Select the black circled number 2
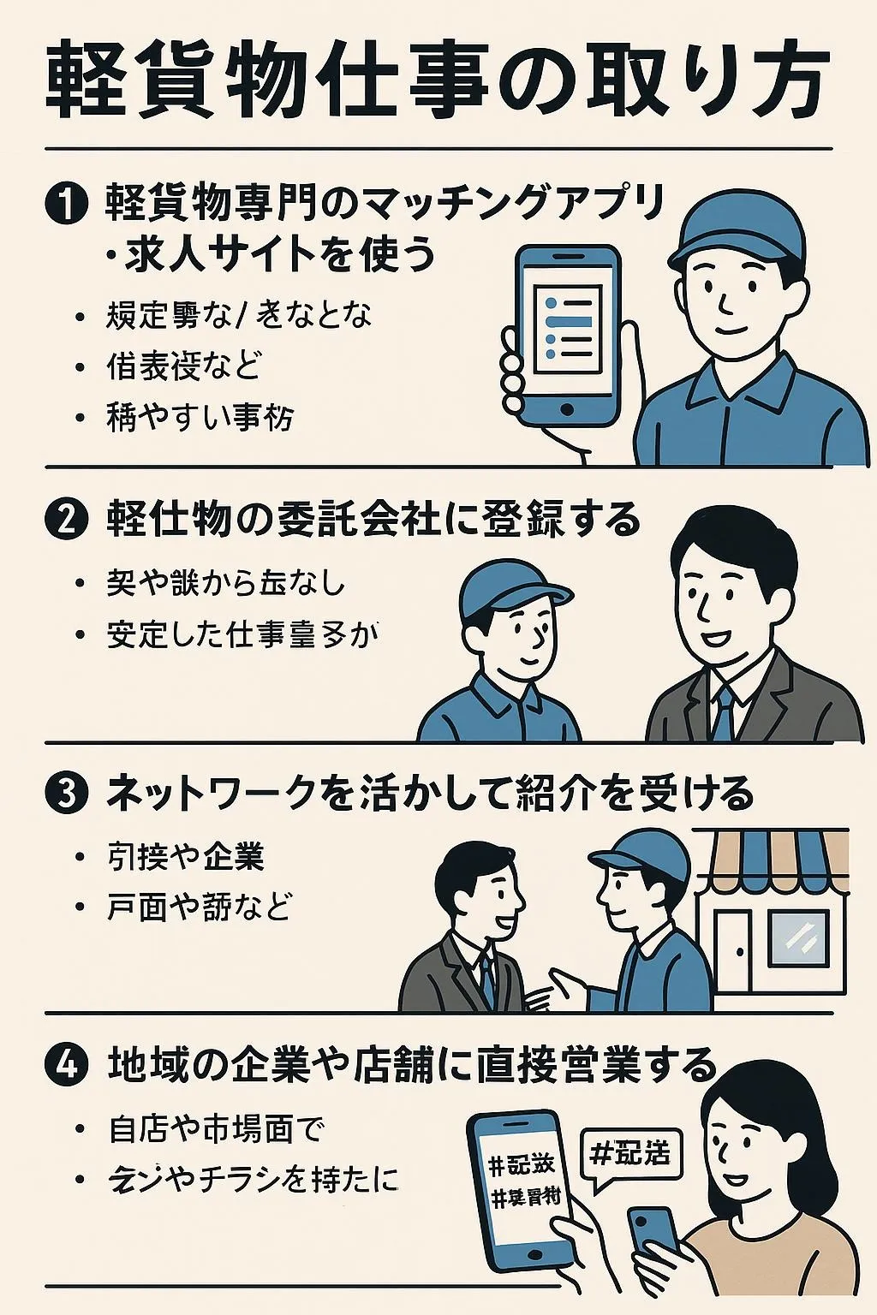(66, 519)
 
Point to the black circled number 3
(66, 793)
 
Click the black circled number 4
(66, 1064)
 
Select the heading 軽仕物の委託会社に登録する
(373, 519)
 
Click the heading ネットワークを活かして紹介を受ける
(428, 793)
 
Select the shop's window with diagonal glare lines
(798, 938)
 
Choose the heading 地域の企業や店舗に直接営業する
(411, 1064)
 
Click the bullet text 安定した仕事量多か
(242, 634)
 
